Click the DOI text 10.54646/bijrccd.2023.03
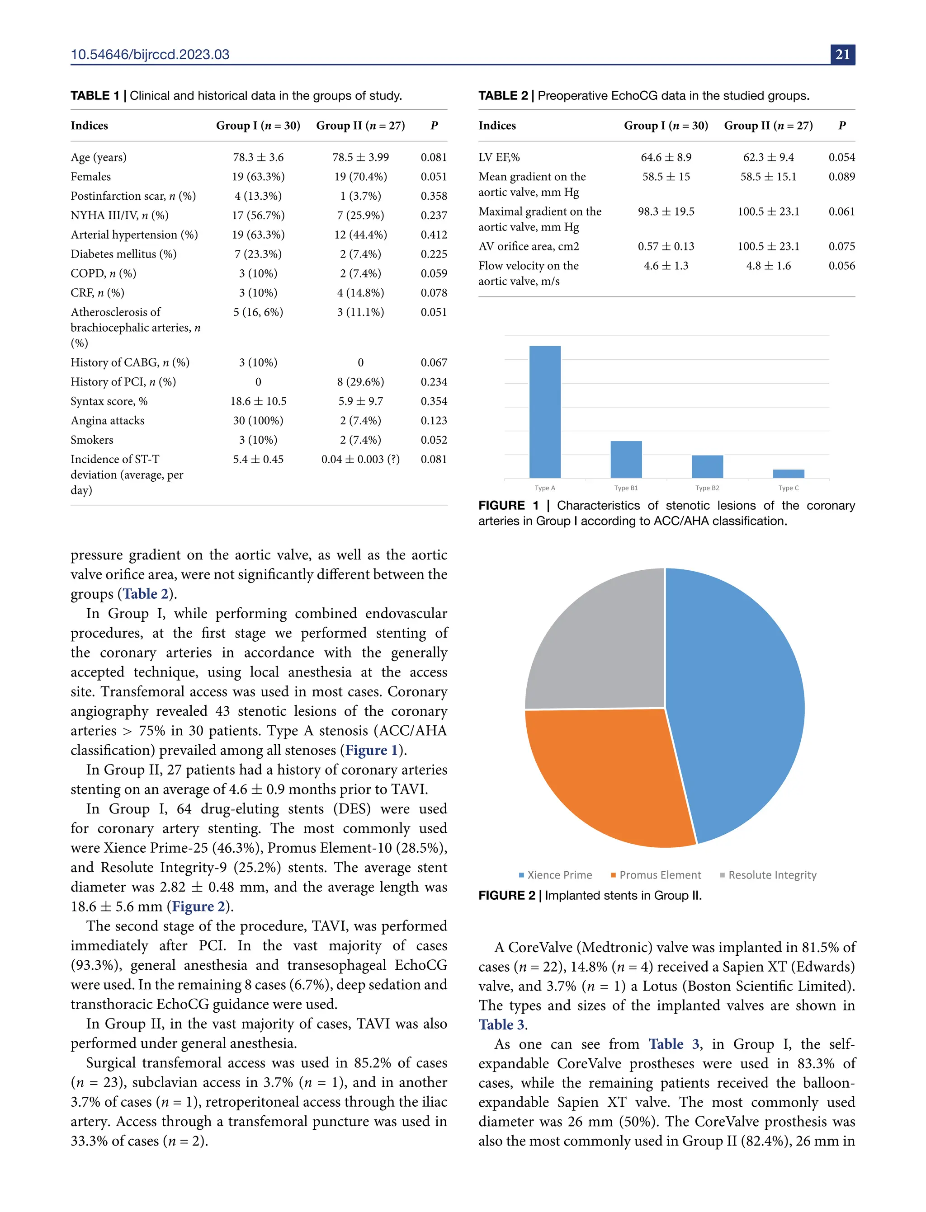[x=150, y=55]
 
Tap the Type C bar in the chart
[x=788, y=473]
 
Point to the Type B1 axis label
[x=626, y=488]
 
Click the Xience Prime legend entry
[x=556, y=875]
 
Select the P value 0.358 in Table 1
[x=434, y=196]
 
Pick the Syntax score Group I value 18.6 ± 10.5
[x=258, y=401]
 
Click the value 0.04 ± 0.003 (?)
[x=360, y=459]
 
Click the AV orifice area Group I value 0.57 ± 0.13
[x=666, y=246]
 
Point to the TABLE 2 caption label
[x=503, y=96]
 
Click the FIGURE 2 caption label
[x=506, y=895]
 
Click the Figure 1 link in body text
[x=371, y=750]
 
